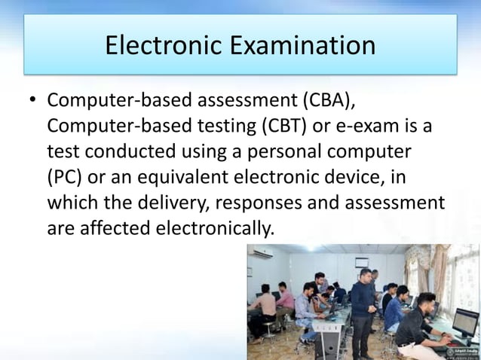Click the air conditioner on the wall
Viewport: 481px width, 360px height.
coord(262,254)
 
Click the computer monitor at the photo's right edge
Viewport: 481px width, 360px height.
coord(465,322)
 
